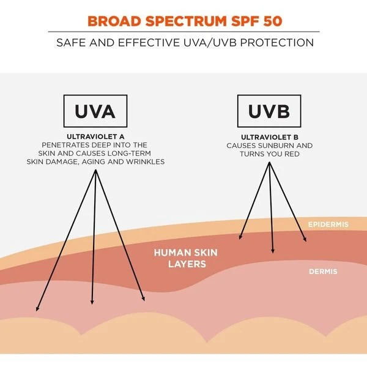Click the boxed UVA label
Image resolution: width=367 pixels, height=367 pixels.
click(x=96, y=111)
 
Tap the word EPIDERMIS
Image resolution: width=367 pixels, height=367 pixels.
click(x=328, y=224)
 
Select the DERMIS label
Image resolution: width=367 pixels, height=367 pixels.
click(x=323, y=271)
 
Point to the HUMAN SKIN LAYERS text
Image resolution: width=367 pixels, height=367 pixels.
click(x=185, y=258)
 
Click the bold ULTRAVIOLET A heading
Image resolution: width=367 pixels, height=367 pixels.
click(x=95, y=136)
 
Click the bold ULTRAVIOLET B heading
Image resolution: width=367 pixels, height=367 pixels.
click(x=269, y=136)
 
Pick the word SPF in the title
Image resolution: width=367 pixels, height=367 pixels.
click(x=240, y=20)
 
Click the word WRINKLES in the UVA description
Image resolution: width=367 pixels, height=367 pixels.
click(x=144, y=161)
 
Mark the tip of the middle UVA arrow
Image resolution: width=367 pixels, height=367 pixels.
click(x=92, y=304)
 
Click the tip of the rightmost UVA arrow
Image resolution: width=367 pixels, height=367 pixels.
click(x=145, y=301)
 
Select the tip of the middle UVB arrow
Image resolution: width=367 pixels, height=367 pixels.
click(x=273, y=253)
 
